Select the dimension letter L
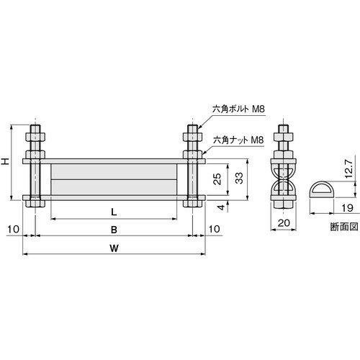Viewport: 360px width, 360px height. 114,212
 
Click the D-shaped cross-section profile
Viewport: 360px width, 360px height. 325,192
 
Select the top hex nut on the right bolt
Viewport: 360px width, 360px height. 192,135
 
